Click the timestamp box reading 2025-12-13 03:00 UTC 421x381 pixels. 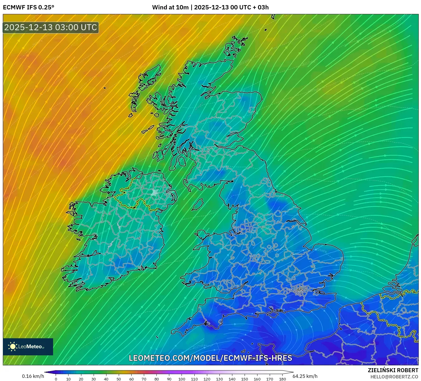click(x=51, y=27)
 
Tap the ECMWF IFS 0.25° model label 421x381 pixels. click(x=28, y=7)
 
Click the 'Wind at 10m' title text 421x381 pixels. click(x=170, y=7)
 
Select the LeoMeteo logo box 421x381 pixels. click(x=28, y=347)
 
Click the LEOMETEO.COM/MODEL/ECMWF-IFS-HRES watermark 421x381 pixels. click(x=210, y=358)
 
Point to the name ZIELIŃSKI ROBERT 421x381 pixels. click(x=393, y=370)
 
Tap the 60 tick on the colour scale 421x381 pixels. click(x=131, y=379)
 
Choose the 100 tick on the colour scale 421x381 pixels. click(x=182, y=379)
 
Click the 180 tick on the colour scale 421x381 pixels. click(x=283, y=379)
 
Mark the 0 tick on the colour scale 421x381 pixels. click(x=56, y=379)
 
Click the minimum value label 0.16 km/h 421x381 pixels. click(x=33, y=376)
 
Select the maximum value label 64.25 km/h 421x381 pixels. click(x=305, y=376)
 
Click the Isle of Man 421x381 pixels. click(x=197, y=205)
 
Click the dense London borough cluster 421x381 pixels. click(x=299, y=290)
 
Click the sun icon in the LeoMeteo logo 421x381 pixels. click(x=13, y=347)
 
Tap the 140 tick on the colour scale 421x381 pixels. click(x=232, y=379)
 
